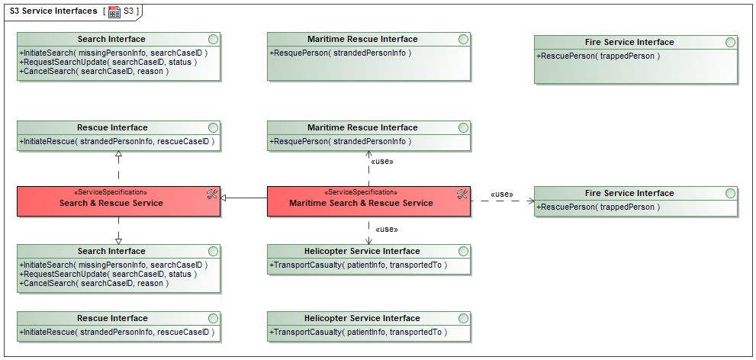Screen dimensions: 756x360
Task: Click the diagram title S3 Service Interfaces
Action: tap(53, 11)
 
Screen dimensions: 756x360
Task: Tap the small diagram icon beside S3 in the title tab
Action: tap(114, 12)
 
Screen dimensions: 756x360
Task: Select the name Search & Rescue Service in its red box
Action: tap(111, 203)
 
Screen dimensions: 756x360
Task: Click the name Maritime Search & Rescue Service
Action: tap(361, 203)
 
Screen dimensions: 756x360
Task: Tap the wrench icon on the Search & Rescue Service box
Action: tap(212, 194)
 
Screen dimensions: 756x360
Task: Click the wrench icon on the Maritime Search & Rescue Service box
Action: tap(462, 194)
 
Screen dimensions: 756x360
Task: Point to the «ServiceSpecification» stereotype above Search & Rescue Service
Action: tap(111, 192)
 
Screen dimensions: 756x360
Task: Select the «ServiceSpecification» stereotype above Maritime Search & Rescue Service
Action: tap(362, 192)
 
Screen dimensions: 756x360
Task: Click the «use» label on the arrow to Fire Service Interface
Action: tap(502, 194)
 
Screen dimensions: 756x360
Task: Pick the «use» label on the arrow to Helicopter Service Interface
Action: tap(387, 229)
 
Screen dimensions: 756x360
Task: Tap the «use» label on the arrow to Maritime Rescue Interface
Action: tap(382, 162)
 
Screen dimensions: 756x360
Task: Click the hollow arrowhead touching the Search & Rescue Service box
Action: tap(224, 198)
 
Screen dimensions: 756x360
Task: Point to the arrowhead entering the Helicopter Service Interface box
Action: tap(368, 241)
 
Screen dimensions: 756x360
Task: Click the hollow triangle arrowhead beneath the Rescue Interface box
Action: tap(118, 154)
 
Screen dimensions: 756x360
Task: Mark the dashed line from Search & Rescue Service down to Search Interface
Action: tap(118, 230)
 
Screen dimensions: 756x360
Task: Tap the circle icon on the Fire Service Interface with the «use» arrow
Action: tap(731, 193)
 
